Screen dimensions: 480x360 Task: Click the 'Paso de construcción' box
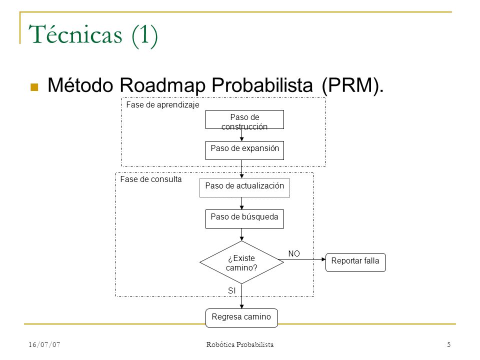tap(244, 119)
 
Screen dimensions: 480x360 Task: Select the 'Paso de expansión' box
tap(244, 150)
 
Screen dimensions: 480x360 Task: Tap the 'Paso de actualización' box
tap(244, 188)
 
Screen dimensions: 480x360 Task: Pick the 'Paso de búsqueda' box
tap(244, 219)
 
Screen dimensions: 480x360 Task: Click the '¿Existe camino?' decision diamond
tap(241, 262)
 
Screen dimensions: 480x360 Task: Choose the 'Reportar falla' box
tap(355, 262)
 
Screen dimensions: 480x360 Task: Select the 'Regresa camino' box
tap(241, 318)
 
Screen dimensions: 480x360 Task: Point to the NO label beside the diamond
tap(294, 254)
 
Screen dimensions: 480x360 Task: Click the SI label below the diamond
tap(232, 291)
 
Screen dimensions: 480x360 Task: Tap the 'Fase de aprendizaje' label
tap(162, 105)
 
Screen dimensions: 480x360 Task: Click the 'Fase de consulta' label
tap(150, 179)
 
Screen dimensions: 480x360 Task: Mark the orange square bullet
tap(34, 87)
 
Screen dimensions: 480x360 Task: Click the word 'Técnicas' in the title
tap(75, 34)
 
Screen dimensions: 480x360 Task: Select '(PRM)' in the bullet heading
tap(352, 85)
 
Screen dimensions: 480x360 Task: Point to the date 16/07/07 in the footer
tap(44, 344)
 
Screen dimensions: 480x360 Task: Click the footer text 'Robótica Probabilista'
tap(240, 344)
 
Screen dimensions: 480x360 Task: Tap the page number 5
tap(449, 344)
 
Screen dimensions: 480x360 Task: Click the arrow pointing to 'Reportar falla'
tap(302, 259)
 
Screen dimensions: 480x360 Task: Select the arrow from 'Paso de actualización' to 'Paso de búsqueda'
tap(241, 203)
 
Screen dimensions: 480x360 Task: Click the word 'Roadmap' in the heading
tap(162, 85)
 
